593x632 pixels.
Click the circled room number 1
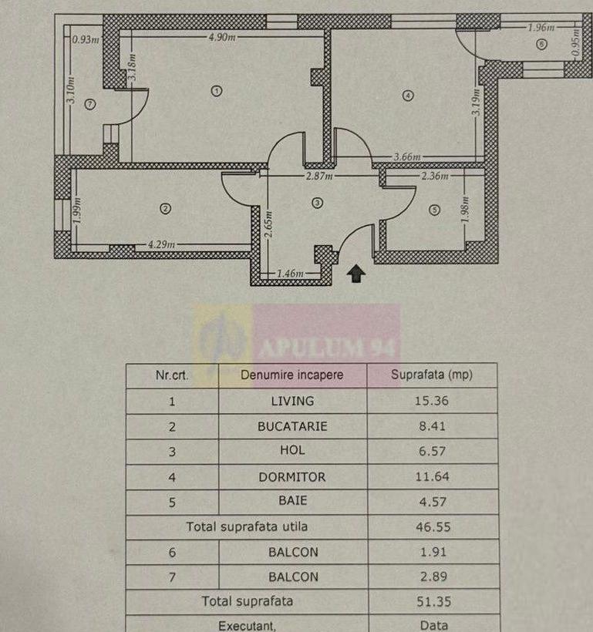coord(217,91)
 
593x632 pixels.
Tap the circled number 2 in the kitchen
coord(164,207)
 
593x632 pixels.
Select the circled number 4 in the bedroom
coord(408,96)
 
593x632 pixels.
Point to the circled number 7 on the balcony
coord(90,104)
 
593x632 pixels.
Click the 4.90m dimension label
coord(222,36)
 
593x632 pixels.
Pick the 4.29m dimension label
coord(160,246)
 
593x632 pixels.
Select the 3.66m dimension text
coord(406,158)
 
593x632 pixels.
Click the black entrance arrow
coord(356,273)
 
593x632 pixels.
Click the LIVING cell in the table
coord(292,401)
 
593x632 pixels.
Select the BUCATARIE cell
coord(292,426)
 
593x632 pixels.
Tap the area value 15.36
coord(432,401)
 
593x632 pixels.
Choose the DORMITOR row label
coord(292,477)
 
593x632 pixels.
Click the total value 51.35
coord(432,601)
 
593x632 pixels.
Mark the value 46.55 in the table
coord(432,527)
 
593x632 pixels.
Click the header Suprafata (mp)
coord(432,375)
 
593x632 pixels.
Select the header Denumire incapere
coord(292,375)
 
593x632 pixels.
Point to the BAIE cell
coord(292,501)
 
